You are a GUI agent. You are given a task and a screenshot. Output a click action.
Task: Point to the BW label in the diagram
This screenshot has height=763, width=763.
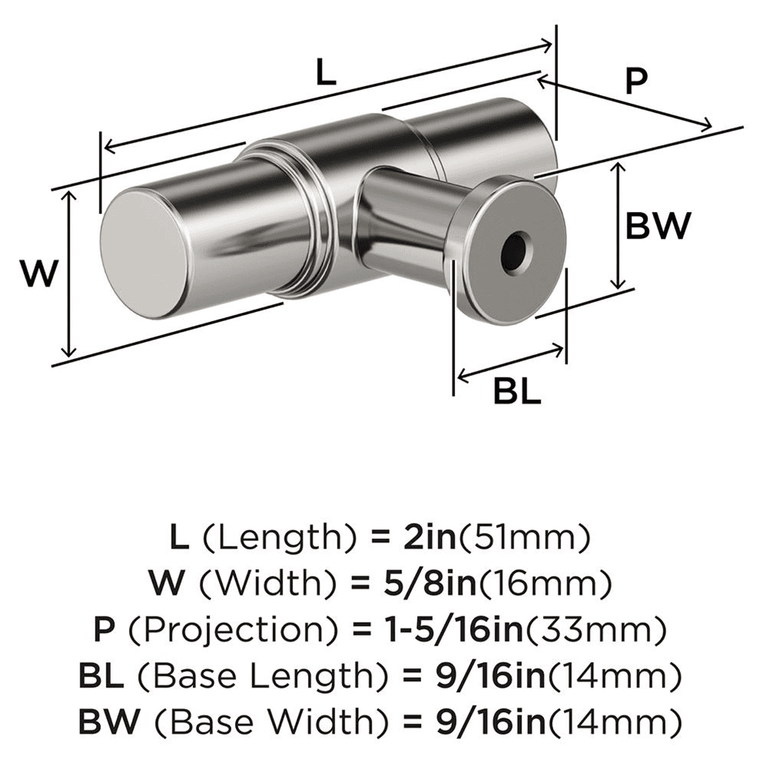pos(658,226)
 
